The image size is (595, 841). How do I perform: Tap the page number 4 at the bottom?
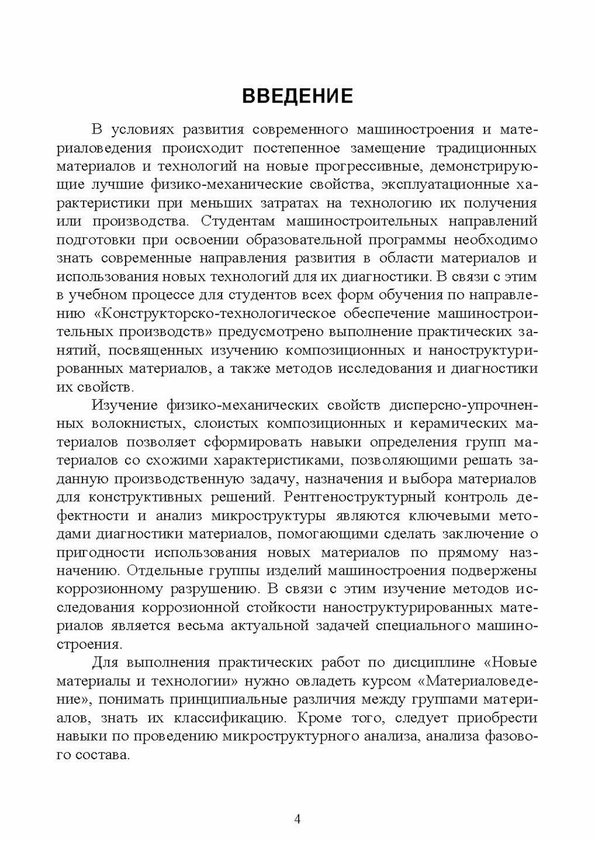point(297,819)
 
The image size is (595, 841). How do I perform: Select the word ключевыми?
point(454,515)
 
